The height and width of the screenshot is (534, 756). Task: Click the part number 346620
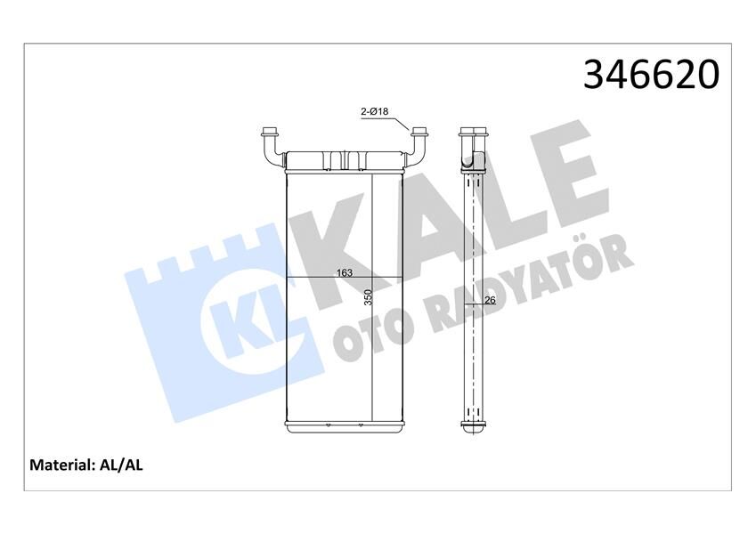(650, 75)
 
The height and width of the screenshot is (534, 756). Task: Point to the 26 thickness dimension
(489, 300)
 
